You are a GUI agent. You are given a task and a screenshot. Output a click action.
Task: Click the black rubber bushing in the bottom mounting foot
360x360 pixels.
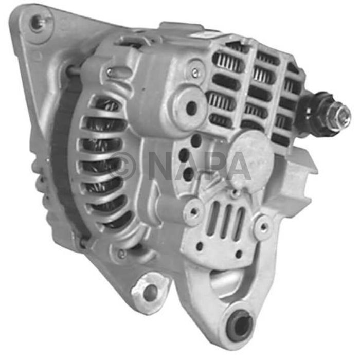[239, 324]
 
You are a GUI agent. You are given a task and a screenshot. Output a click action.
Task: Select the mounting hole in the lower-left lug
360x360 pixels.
[150, 292]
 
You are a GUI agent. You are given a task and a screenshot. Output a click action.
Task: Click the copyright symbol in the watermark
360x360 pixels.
[122, 164]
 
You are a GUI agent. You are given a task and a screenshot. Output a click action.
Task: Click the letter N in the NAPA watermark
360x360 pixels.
[164, 165]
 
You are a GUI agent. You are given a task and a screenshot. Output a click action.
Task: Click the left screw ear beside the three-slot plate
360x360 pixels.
[194, 211]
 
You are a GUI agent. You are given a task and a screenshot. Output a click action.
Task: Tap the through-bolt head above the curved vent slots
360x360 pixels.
[110, 73]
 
